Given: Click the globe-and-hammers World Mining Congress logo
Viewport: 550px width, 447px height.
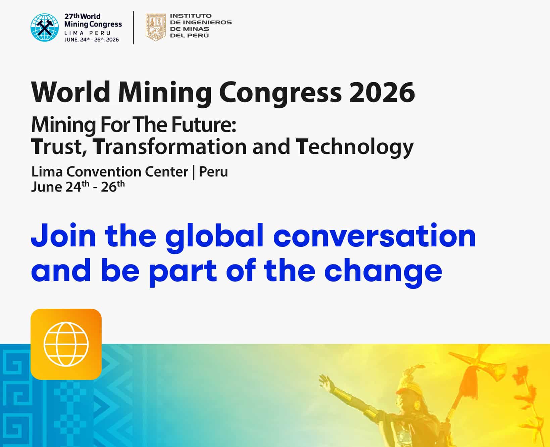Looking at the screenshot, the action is [44, 28].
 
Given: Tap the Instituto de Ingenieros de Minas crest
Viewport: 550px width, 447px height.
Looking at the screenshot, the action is [155, 28].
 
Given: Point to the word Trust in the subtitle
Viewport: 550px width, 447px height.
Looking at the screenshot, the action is [57, 147].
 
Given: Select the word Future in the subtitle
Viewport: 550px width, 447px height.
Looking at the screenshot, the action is [204, 125].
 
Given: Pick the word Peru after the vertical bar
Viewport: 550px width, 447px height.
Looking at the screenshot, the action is [213, 172].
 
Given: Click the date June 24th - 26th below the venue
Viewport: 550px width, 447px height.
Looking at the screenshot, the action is [78, 187].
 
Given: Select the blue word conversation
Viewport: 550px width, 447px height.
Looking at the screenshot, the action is [374, 236].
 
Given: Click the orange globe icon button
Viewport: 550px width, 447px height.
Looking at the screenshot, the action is [66, 344].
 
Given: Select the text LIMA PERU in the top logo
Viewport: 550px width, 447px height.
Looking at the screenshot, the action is [88, 33].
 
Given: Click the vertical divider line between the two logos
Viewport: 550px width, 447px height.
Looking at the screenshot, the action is [134, 28].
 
